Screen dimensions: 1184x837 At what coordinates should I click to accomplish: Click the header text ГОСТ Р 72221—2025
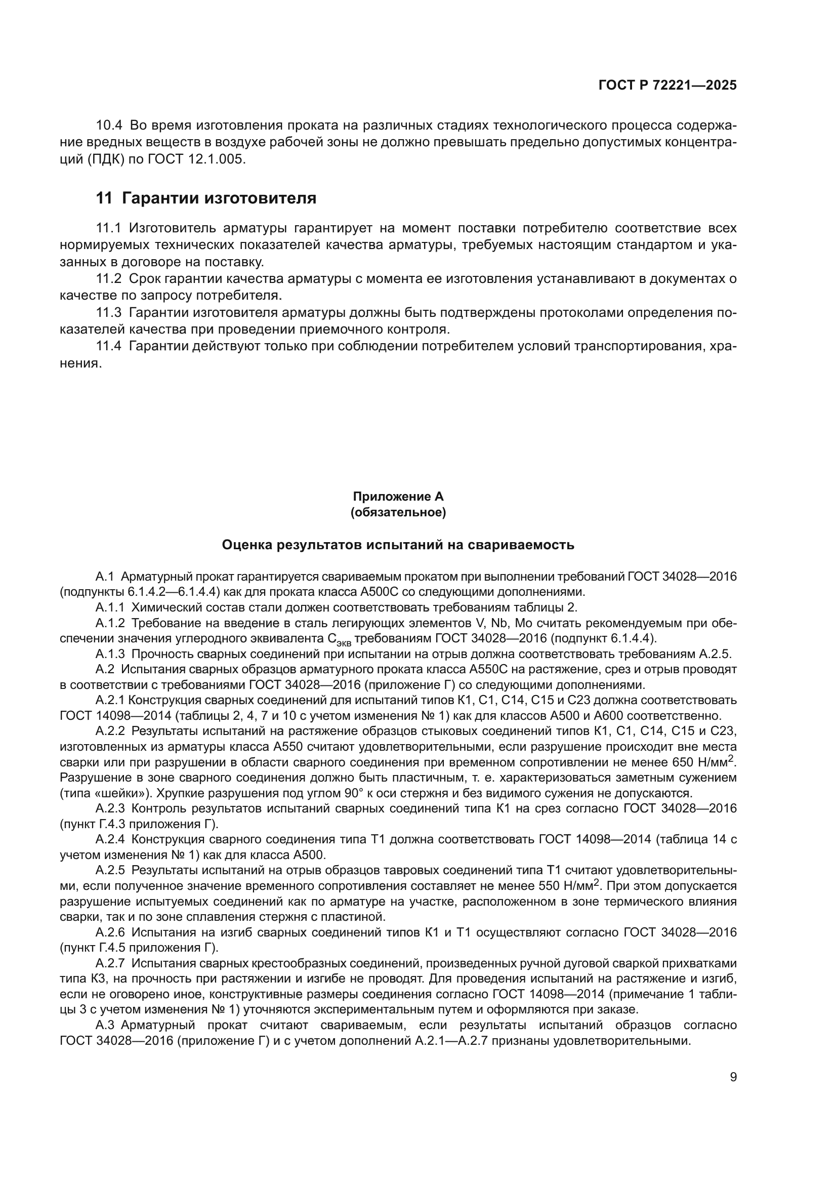tap(667, 86)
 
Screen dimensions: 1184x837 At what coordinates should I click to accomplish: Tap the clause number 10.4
tap(109, 126)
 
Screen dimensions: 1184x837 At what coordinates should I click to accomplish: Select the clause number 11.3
tap(109, 312)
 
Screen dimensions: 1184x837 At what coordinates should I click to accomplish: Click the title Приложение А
tap(398, 497)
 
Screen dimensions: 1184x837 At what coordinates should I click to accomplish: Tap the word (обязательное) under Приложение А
tap(398, 513)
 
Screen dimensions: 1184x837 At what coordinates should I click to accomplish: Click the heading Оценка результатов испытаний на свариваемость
tap(398, 545)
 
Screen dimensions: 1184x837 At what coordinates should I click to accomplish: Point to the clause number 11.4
tap(109, 346)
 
